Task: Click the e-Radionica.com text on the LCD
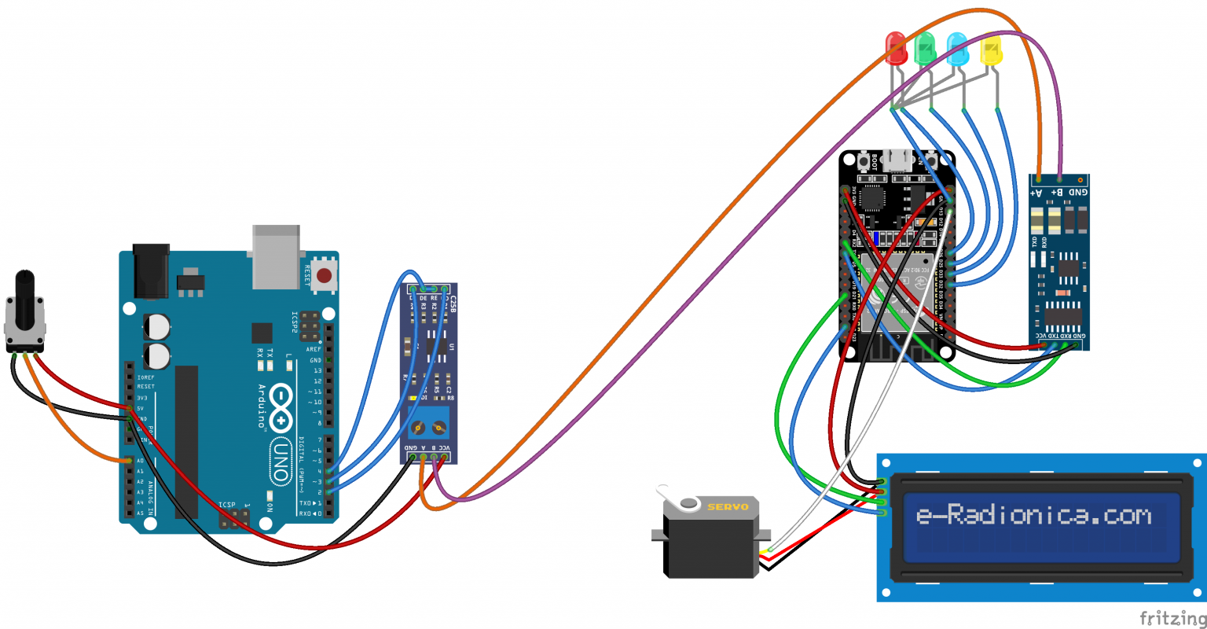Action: click(1033, 516)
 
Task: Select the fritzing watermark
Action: click(1172, 616)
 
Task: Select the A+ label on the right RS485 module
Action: click(1038, 192)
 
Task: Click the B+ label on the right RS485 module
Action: click(1058, 192)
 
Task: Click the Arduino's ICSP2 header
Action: click(310, 322)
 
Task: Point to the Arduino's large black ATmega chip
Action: click(186, 440)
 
